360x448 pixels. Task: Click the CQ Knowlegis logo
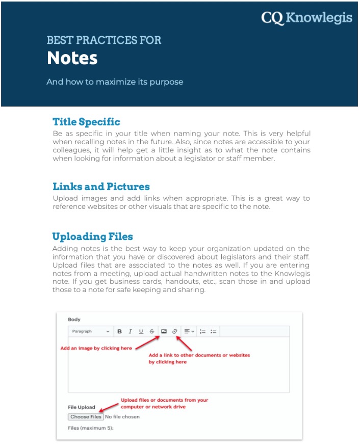pos(306,18)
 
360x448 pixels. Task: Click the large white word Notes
pos(72,58)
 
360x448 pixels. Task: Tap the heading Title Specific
pos(86,122)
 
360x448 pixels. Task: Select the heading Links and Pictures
pos(101,187)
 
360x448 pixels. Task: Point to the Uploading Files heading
pos(92,236)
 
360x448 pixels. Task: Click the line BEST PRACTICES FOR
pos(104,40)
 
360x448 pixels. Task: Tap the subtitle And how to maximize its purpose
pos(114,82)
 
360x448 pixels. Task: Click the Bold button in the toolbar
pos(119,331)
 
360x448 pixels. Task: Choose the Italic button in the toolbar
pos(130,331)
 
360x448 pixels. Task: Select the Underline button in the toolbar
pos(141,331)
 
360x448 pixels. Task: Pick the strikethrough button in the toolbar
pos(152,331)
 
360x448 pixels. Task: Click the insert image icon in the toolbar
pos(164,331)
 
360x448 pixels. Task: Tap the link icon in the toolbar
pos(174,331)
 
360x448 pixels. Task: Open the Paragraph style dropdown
pos(90,331)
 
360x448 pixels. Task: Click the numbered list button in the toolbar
pos(202,331)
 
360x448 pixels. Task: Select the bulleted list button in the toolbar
pos(213,331)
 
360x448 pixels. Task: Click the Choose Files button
pos(86,417)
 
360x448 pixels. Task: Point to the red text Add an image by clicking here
pos(96,349)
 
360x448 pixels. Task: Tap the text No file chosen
pos(122,417)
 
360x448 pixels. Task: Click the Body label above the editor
pos(74,320)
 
